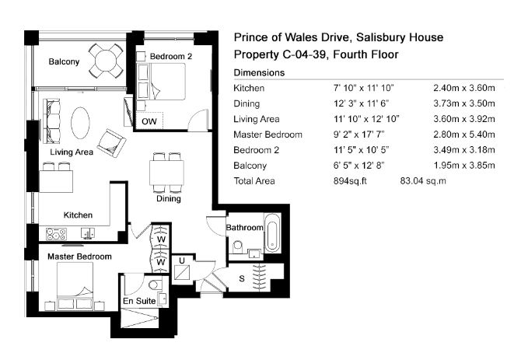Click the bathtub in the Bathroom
coord(272,233)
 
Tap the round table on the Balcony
coord(106,61)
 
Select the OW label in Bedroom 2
coord(149,121)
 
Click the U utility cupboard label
coord(182,261)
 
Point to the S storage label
coord(242,279)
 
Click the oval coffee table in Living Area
coord(80,123)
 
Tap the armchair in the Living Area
coord(112,143)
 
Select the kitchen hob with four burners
coord(56,234)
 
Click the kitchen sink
coord(88,233)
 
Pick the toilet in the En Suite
coord(155,285)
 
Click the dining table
coord(167,173)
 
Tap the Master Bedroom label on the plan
coord(79,257)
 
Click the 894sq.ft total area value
coord(350,181)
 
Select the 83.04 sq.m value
coord(423,181)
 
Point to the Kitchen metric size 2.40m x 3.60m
coord(464,88)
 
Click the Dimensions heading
coord(259,73)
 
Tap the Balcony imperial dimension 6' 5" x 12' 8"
coord(358,166)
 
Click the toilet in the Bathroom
coord(238,246)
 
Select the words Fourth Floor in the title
coord(365,54)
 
